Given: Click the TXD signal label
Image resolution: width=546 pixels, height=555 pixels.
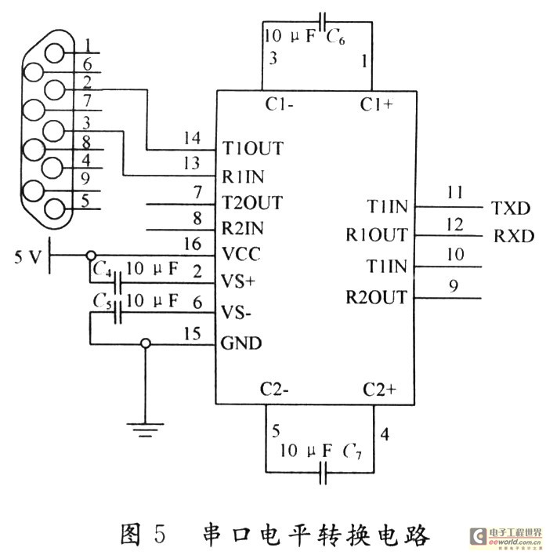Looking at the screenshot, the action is [511, 209].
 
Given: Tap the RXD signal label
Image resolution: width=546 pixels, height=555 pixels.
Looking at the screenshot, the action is [513, 236].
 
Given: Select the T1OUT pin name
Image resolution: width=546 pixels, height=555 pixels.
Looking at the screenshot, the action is [252, 148].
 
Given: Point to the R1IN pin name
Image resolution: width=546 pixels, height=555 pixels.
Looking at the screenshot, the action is [243, 176].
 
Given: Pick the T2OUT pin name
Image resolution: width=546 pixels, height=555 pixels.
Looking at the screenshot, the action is [251, 202].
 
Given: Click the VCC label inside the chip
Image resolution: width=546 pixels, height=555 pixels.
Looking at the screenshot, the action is [241, 254].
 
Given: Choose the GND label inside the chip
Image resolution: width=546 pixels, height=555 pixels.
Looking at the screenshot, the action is [241, 343].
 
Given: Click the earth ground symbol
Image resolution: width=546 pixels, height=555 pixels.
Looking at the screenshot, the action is [146, 430].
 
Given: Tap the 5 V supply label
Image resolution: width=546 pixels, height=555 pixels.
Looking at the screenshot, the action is [27, 256].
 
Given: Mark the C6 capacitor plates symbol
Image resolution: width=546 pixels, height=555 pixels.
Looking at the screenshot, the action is [322, 22].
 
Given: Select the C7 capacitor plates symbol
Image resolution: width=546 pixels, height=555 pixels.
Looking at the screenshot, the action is [323, 472].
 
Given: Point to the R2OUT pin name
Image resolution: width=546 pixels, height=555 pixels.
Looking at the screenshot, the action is [376, 297].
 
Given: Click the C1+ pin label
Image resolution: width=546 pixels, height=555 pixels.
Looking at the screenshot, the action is [376, 104].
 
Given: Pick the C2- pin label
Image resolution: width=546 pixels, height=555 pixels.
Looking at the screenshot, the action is [274, 389].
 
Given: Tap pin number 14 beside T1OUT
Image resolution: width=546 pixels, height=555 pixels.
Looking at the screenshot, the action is [192, 138].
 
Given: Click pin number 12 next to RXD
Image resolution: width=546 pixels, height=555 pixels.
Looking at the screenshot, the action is [455, 224].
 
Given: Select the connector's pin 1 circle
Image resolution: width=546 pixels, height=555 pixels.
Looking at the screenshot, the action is [55, 53].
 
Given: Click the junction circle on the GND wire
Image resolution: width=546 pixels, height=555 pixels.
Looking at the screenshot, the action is [146, 343].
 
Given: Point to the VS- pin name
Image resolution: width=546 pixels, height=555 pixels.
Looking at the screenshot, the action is [236, 313].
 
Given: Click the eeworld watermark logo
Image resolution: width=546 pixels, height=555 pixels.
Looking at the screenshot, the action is [505, 537].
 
